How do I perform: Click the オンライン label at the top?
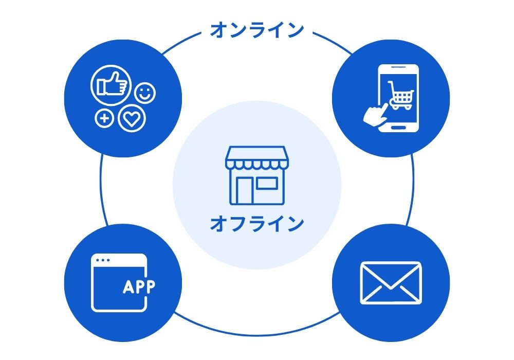[256, 30]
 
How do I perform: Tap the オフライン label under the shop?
[256, 224]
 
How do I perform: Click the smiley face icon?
[145, 94]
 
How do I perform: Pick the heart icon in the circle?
[132, 119]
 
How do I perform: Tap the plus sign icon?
[104, 119]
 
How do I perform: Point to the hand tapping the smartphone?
[375, 114]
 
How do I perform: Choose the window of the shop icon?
[267, 184]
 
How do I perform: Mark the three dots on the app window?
[103, 260]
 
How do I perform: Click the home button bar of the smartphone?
[399, 127]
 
